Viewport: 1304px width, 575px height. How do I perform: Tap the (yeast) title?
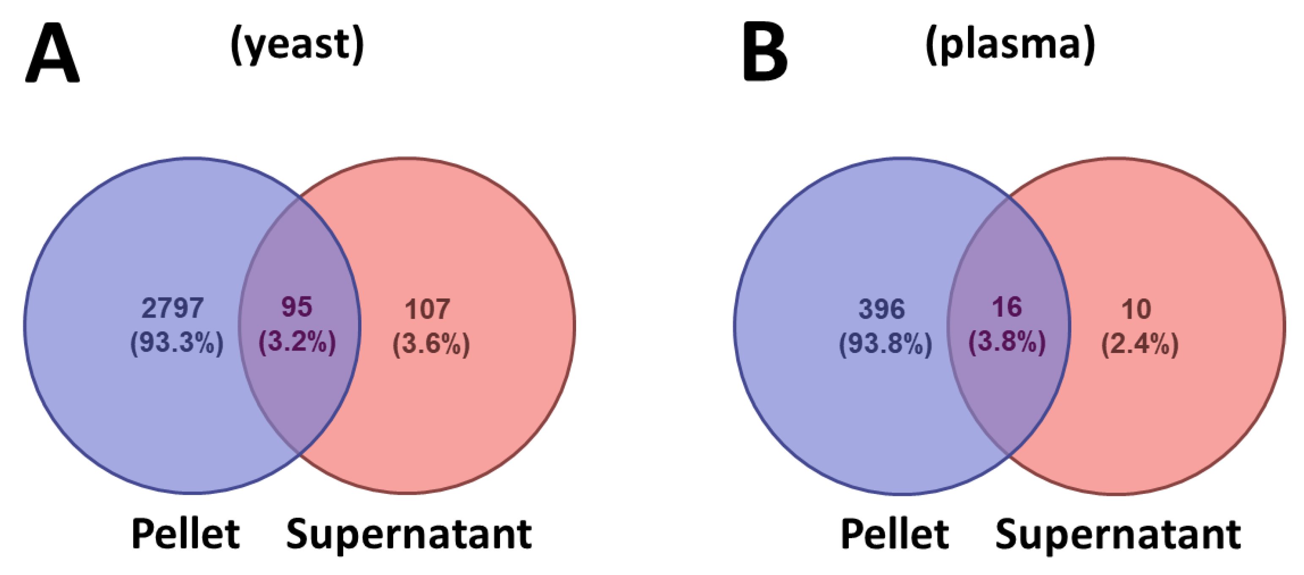tap(297, 44)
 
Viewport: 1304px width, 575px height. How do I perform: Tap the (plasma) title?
tap(1010, 44)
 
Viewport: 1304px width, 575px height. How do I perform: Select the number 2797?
tap(172, 308)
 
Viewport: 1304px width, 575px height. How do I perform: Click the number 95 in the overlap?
tap(297, 307)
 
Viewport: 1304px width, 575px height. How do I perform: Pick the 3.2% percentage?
tap(297, 342)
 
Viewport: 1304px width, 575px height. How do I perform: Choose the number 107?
tap(427, 309)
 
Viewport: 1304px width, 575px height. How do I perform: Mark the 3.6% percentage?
tap(431, 344)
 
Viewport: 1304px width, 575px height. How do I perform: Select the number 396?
tap(881, 309)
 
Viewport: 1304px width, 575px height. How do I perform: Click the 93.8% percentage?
tap(886, 344)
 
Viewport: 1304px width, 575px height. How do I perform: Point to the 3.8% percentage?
tap(1007, 342)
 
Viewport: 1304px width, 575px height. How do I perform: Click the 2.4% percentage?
tap(1140, 344)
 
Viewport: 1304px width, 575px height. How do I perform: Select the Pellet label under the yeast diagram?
tap(185, 534)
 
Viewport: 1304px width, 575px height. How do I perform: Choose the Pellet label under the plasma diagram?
tap(894, 534)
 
